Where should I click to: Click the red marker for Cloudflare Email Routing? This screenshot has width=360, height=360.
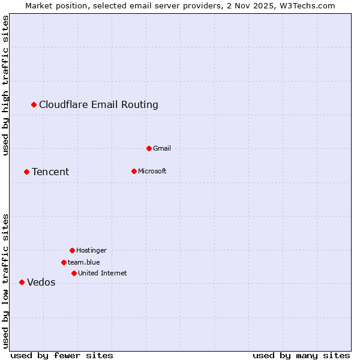pos(34,105)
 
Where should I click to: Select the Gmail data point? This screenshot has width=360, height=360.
pos(149,148)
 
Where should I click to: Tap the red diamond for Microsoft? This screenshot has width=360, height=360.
pos(134,171)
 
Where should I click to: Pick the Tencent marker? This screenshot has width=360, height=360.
pos(26,172)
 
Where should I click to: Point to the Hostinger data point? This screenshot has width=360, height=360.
pos(72,250)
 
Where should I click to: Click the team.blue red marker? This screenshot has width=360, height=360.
pos(64,262)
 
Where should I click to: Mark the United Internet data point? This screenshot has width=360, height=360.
pos(74,273)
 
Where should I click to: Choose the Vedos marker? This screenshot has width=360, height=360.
pos(22,282)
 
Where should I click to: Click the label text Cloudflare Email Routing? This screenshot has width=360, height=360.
pos(98,105)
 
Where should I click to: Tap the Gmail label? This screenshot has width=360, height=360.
pos(162,148)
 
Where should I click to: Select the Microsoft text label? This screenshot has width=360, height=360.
pos(152,171)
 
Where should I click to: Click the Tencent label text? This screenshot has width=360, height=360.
pos(50,172)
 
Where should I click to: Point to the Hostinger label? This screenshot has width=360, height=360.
pos(91,250)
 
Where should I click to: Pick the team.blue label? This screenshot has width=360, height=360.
pos(84,262)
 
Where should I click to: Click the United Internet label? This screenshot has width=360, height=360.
pos(103,273)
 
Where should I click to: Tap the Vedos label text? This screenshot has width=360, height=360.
pos(41,283)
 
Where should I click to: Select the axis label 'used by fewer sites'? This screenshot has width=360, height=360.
pos(62,355)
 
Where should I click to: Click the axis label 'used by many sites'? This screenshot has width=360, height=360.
pos(301,355)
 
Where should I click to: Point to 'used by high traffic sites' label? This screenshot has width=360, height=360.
pos(6,85)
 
